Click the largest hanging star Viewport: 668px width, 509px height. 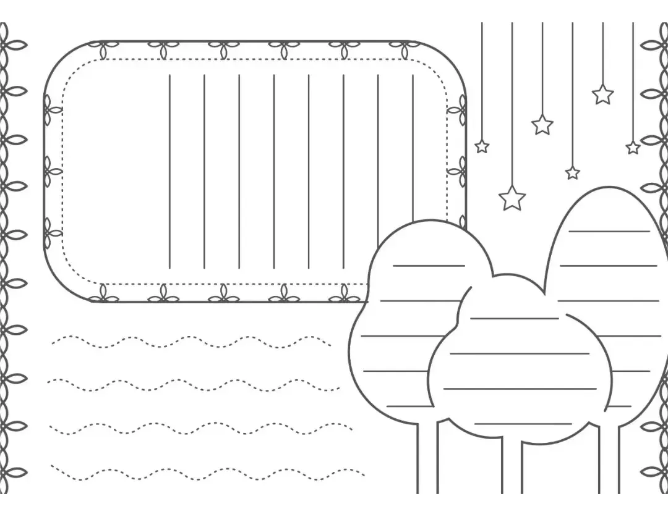pyautogui.click(x=512, y=198)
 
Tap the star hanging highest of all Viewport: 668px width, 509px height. pyautogui.click(x=602, y=95)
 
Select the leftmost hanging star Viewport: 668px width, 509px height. pyautogui.click(x=482, y=146)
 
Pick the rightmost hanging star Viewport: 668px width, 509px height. pyautogui.click(x=633, y=148)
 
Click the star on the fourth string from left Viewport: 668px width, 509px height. pyautogui.click(x=573, y=173)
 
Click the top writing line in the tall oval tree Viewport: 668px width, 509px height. pyautogui.click(x=609, y=231)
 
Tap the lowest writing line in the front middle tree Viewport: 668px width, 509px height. pyautogui.click(x=523, y=424)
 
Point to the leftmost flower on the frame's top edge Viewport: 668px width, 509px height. pyautogui.click(x=103, y=48)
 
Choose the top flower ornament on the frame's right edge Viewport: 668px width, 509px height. pyautogui.click(x=458, y=110)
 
